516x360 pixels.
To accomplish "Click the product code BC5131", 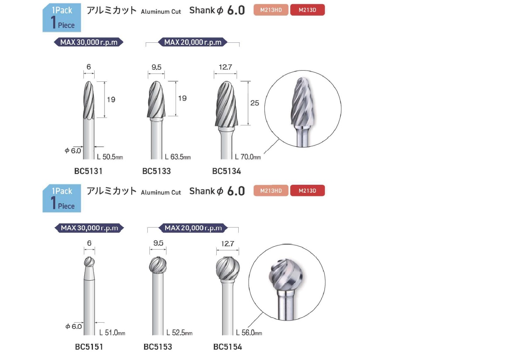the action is click(88, 171).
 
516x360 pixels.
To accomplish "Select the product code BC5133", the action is click(157, 171).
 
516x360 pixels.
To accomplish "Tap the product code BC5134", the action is click(226, 171).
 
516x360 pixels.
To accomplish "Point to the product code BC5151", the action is click(89, 347).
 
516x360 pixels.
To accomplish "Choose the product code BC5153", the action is click(158, 347).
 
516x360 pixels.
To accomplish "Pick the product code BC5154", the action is click(227, 347).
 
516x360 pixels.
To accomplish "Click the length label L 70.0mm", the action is click(248, 157).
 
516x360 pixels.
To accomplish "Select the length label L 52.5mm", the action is click(179, 333).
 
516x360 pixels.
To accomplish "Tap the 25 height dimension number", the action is click(254, 103).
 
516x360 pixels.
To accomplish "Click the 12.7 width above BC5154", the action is click(227, 244).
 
